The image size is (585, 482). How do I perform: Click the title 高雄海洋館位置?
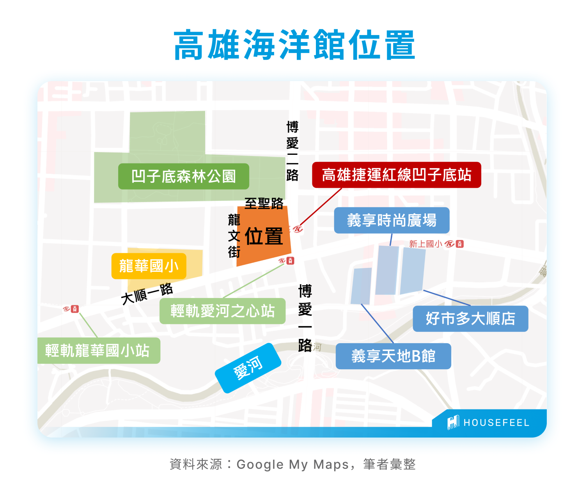294,45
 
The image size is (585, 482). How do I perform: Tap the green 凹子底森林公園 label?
183,176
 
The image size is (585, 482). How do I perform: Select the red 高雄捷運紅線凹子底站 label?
396,175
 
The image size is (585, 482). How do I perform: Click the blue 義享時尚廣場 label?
392,220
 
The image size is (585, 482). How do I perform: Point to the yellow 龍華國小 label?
149,266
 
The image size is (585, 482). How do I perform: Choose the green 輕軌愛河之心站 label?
222,311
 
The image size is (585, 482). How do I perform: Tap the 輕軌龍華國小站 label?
97,351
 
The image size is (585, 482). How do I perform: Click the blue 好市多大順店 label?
470,319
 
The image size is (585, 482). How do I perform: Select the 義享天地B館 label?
393,356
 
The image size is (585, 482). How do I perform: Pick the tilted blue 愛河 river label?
248,368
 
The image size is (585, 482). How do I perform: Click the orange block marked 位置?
264,236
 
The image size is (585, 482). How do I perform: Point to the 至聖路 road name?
264,203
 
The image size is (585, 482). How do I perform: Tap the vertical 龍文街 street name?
234,236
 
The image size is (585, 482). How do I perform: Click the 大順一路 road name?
147,294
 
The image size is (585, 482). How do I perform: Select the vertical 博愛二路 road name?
292,151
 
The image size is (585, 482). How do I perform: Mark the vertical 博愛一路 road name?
305,318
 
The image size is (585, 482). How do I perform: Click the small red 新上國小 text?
425,244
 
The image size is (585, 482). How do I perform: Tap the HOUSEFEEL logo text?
496,423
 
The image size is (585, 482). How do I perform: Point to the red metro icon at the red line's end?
298,229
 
